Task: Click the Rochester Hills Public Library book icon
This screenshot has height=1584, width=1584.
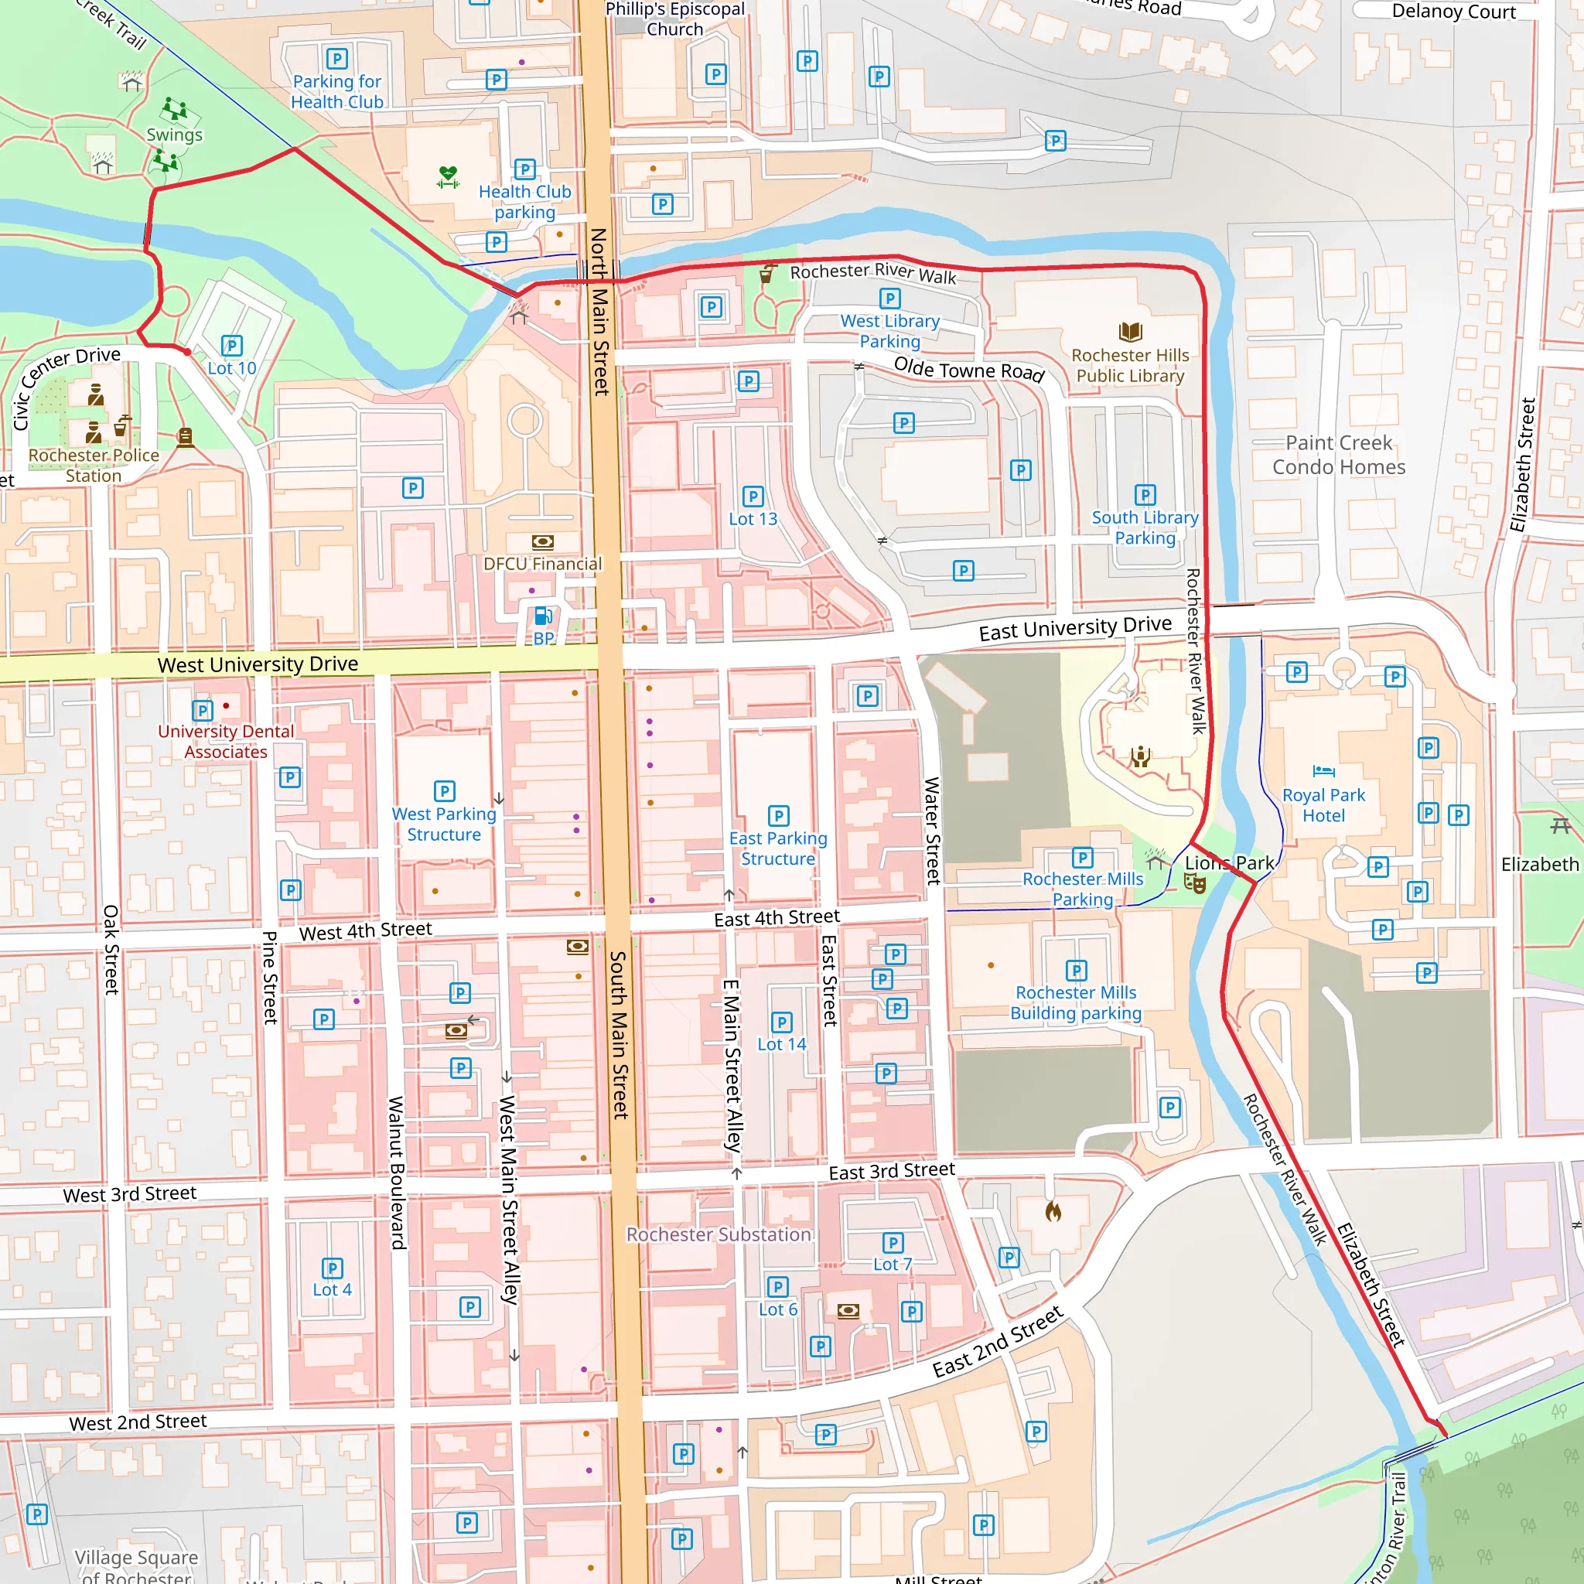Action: (x=1130, y=331)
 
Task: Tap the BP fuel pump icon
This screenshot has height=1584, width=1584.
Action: (x=543, y=616)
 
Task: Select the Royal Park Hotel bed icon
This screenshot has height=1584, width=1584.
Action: (x=1323, y=770)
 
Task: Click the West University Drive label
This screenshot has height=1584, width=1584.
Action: (x=258, y=664)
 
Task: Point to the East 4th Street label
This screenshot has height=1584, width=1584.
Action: (x=777, y=917)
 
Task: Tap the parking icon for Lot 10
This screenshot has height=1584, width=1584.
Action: (x=232, y=345)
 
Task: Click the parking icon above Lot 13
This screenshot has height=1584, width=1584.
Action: (x=753, y=496)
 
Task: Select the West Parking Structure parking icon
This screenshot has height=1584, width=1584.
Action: (x=445, y=791)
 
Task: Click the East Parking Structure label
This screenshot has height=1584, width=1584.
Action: (x=777, y=848)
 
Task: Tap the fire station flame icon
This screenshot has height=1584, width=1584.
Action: (x=1053, y=1211)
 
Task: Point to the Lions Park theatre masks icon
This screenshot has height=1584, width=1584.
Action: (x=1194, y=883)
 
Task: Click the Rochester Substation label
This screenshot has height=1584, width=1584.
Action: (x=719, y=1234)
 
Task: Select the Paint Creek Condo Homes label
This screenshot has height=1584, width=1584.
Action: (x=1338, y=455)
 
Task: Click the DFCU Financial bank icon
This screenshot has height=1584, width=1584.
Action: (x=543, y=542)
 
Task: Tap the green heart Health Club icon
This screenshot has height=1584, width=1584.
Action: (x=448, y=176)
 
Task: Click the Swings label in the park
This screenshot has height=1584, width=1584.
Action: (x=174, y=135)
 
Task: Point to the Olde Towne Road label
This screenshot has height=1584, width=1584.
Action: (x=968, y=370)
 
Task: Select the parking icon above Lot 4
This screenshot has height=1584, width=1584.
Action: (x=332, y=1268)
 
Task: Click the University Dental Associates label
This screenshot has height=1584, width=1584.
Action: (x=226, y=741)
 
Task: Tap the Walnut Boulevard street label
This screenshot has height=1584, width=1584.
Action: (x=397, y=1173)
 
